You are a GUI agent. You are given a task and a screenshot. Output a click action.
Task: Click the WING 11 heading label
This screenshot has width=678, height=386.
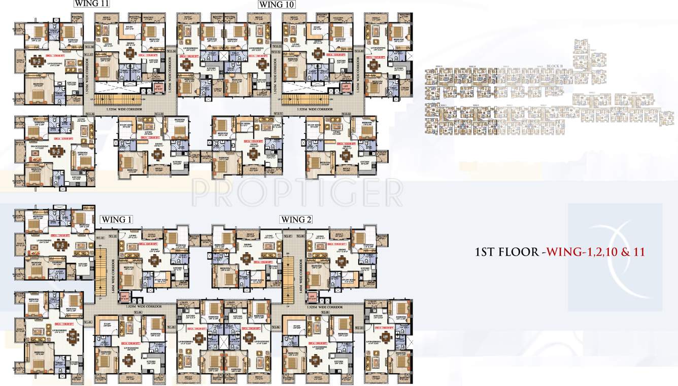(92, 4)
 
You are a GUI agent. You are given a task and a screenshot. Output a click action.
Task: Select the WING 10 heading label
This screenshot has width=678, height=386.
(277, 4)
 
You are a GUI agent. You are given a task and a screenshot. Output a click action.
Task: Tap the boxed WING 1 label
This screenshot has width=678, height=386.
(117, 220)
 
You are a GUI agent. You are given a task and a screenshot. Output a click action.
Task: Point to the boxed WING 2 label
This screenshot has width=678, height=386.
(296, 220)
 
